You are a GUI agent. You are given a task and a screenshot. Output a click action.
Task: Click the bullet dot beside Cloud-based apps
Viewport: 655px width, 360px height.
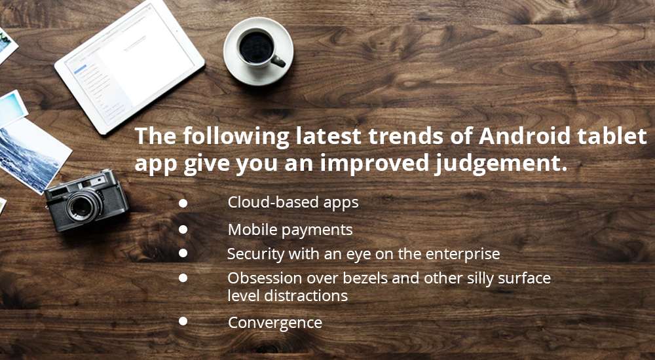pos(183,204)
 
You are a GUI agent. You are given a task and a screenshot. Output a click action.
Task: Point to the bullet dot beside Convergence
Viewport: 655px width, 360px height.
pos(183,321)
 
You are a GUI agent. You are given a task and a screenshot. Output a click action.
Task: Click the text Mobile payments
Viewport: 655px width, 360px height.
pos(290,230)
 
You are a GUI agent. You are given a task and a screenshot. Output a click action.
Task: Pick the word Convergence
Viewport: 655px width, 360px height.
pos(274,323)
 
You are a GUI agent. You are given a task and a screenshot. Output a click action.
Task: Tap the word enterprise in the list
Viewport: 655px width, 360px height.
pos(462,254)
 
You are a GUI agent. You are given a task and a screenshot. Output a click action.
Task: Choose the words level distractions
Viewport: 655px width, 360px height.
pos(287,296)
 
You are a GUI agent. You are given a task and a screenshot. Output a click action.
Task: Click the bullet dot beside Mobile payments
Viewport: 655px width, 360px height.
pos(183,230)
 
